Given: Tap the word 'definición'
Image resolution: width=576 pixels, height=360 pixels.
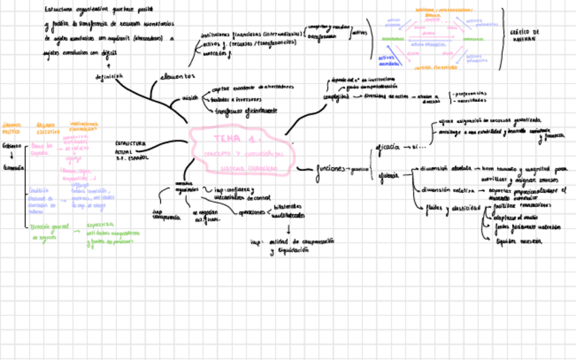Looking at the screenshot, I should [109, 77].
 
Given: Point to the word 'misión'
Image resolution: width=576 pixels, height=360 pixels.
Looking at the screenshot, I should [190, 98].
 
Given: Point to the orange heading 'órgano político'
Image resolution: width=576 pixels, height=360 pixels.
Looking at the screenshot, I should [12, 128].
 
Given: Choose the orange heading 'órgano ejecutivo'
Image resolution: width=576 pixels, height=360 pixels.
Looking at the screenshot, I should [48, 128].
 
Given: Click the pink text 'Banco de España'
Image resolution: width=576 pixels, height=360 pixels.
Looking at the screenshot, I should [41, 149].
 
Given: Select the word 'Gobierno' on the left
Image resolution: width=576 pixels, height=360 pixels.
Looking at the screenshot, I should [12, 146].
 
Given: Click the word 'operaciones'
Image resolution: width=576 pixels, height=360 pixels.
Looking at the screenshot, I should [251, 213].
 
